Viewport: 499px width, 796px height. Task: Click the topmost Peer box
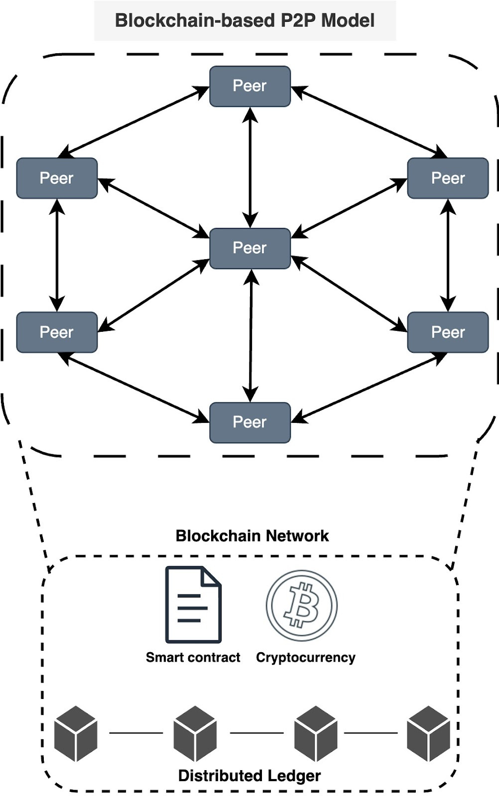coord(249,86)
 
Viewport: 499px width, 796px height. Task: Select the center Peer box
coord(249,248)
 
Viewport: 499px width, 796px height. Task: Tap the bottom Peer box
coord(249,422)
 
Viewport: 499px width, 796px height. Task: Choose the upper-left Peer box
coord(57,178)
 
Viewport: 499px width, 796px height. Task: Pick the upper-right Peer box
coord(448,178)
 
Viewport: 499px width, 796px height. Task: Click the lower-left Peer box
coord(57,332)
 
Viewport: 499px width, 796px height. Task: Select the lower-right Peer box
coord(448,332)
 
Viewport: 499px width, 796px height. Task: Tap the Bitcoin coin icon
coord(302,605)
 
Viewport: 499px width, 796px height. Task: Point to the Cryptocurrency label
coord(305,657)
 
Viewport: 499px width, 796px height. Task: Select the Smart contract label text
coord(193,657)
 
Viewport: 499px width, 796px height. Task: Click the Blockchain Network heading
coord(252,536)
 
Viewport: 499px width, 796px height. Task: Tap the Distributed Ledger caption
coord(249,776)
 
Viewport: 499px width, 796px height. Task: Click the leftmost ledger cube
coord(75,733)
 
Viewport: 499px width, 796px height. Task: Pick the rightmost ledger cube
coord(428,733)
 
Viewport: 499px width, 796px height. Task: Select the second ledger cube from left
coord(195,733)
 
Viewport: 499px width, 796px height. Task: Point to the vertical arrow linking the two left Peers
coord(57,255)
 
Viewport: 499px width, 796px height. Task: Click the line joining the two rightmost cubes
coord(371,733)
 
